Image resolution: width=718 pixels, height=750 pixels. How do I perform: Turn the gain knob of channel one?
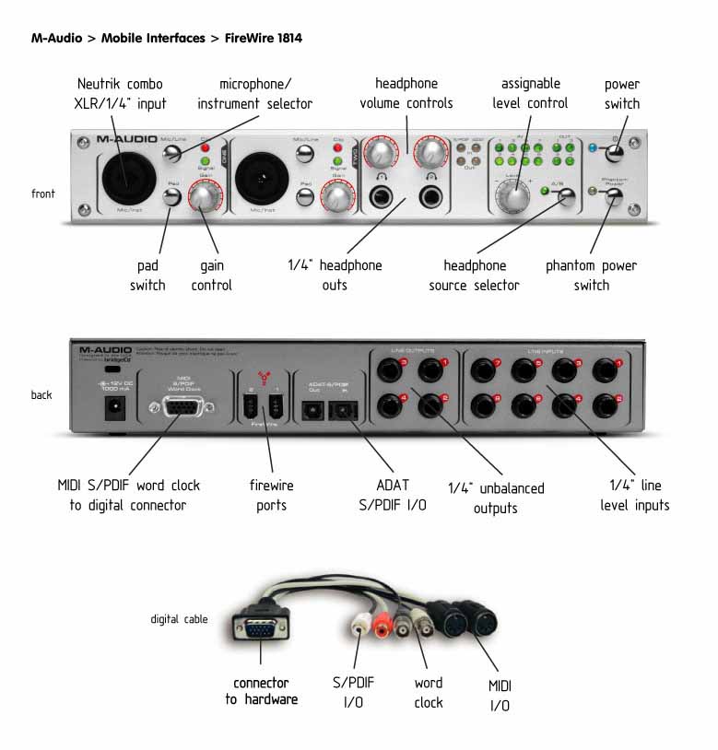tap(202, 197)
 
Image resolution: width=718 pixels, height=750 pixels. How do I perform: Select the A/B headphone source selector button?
tap(566, 195)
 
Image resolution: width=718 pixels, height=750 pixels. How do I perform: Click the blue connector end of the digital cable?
tap(258, 634)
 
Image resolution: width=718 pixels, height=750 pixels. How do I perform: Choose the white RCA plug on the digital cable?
tap(360, 632)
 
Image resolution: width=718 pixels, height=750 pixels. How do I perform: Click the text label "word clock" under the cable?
tap(428, 693)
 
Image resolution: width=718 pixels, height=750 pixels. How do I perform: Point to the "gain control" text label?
tap(211, 275)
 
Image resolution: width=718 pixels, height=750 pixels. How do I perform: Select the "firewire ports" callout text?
tap(272, 495)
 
